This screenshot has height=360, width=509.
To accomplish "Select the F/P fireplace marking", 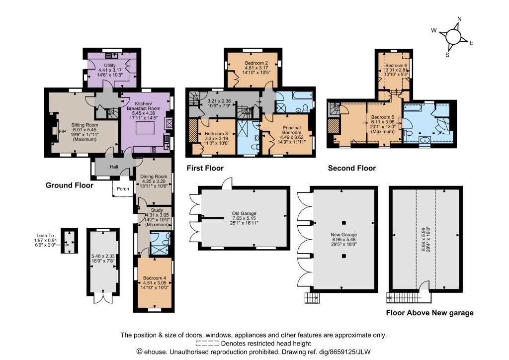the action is point(62,131).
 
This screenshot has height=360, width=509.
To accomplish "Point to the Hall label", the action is point(114,167).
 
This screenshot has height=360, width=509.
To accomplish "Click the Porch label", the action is point(123,188).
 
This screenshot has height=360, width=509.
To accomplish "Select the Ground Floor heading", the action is point(70,185).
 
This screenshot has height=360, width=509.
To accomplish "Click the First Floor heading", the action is point(205,168).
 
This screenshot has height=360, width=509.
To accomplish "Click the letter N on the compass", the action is point(459,19).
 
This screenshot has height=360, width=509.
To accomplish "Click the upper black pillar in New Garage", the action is point(344,223).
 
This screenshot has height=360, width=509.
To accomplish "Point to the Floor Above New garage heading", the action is point(430,313).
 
